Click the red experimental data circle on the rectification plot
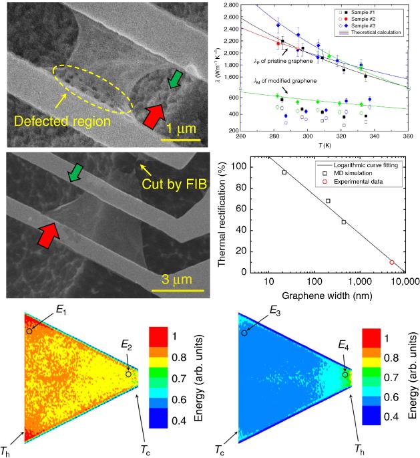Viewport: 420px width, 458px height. pos(392,262)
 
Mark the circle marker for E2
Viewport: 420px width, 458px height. pos(128,374)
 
